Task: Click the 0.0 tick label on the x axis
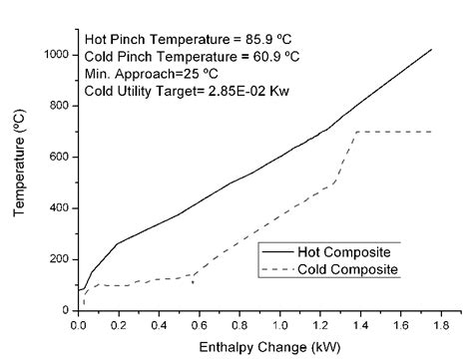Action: pyautogui.click(x=79, y=324)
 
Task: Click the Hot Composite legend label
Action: pyautogui.click(x=340, y=253)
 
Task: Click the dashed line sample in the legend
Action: pyautogui.click(x=279, y=270)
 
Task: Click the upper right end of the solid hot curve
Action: pyautogui.click(x=431, y=49)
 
